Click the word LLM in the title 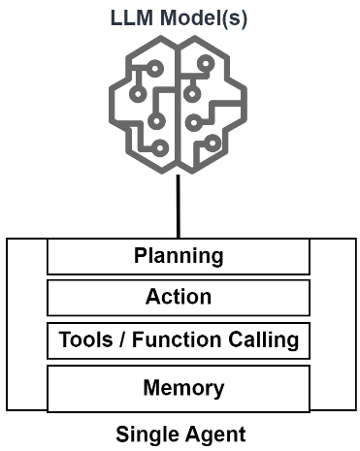(x=132, y=17)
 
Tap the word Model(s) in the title (x=204, y=18)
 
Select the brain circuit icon (x=179, y=105)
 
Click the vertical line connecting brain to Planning (x=179, y=207)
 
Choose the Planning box (x=179, y=256)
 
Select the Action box (x=179, y=298)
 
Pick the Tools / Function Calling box (x=179, y=340)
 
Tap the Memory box (x=179, y=389)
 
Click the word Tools (x=85, y=339)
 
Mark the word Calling (x=263, y=341)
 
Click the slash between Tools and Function (x=122, y=339)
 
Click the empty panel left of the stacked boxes (x=27, y=325)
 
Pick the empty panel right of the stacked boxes (x=333, y=325)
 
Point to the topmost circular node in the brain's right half (x=206, y=63)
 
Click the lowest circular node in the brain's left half (x=160, y=148)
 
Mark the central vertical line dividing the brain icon (x=179, y=107)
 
